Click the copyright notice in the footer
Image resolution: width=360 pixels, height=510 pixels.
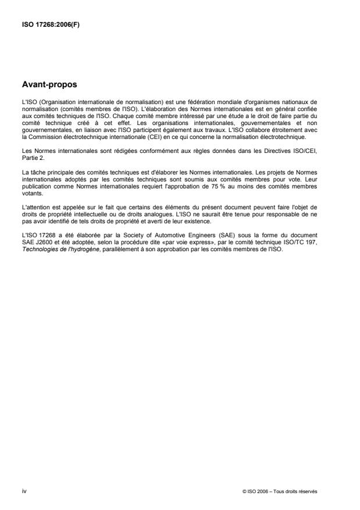click(280, 492)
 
